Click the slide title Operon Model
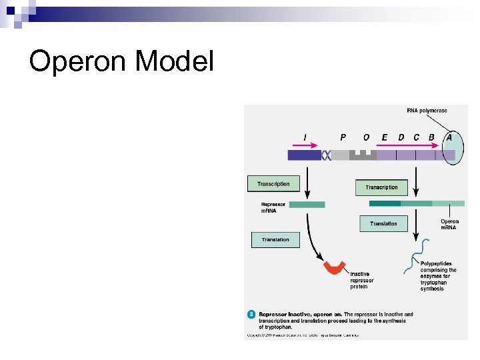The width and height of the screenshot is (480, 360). (121, 62)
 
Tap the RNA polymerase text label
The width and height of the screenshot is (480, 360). (427, 111)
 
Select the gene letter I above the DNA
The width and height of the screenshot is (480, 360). (305, 137)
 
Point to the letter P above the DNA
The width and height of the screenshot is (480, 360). (343, 137)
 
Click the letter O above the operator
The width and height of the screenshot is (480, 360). (366, 137)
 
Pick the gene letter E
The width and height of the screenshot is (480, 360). (385, 137)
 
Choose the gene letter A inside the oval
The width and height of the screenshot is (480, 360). (449, 137)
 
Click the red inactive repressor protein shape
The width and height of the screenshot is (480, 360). (335, 267)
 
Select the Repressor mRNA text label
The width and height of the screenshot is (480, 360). (273, 208)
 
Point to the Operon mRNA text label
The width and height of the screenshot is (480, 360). (449, 225)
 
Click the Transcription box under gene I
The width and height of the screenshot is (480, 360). (274, 184)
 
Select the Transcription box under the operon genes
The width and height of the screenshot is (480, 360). (381, 187)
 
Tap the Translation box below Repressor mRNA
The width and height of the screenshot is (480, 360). (275, 239)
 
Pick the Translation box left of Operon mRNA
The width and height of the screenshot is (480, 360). (383, 224)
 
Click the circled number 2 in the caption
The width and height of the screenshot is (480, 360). (251, 313)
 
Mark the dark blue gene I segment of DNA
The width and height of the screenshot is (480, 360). (304, 155)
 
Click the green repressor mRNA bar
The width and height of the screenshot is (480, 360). (307, 205)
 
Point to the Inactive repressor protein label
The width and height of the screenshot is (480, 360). (362, 280)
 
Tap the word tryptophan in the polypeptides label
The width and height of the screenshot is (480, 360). (435, 282)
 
